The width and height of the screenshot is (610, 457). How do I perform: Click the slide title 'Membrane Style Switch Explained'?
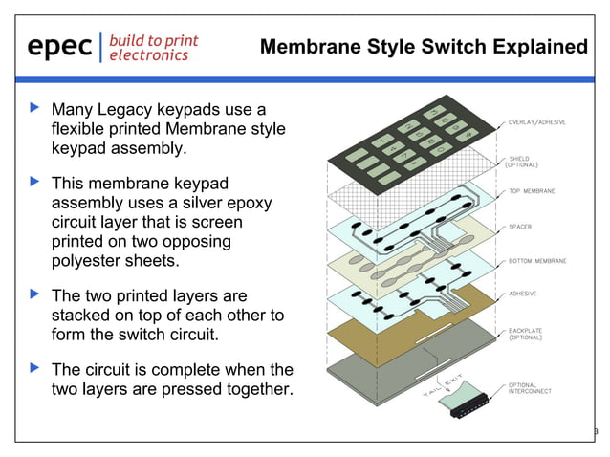(424, 47)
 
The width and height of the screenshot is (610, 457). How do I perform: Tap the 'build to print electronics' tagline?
(153, 47)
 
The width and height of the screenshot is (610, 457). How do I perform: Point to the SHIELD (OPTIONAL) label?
(525, 162)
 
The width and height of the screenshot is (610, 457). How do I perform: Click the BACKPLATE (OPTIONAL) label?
(528, 334)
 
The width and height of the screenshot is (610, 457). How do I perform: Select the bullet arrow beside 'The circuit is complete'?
(36, 368)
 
